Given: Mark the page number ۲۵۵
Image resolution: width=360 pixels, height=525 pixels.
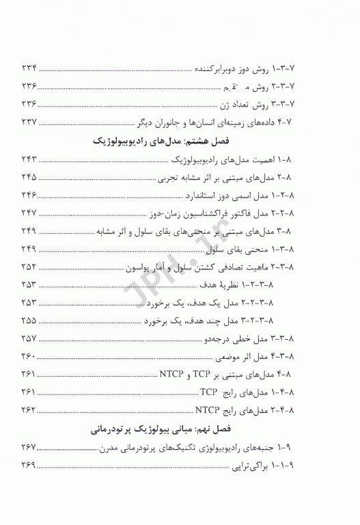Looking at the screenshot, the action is (31, 321).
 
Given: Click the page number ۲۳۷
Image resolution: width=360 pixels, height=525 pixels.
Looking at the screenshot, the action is (31, 122).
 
